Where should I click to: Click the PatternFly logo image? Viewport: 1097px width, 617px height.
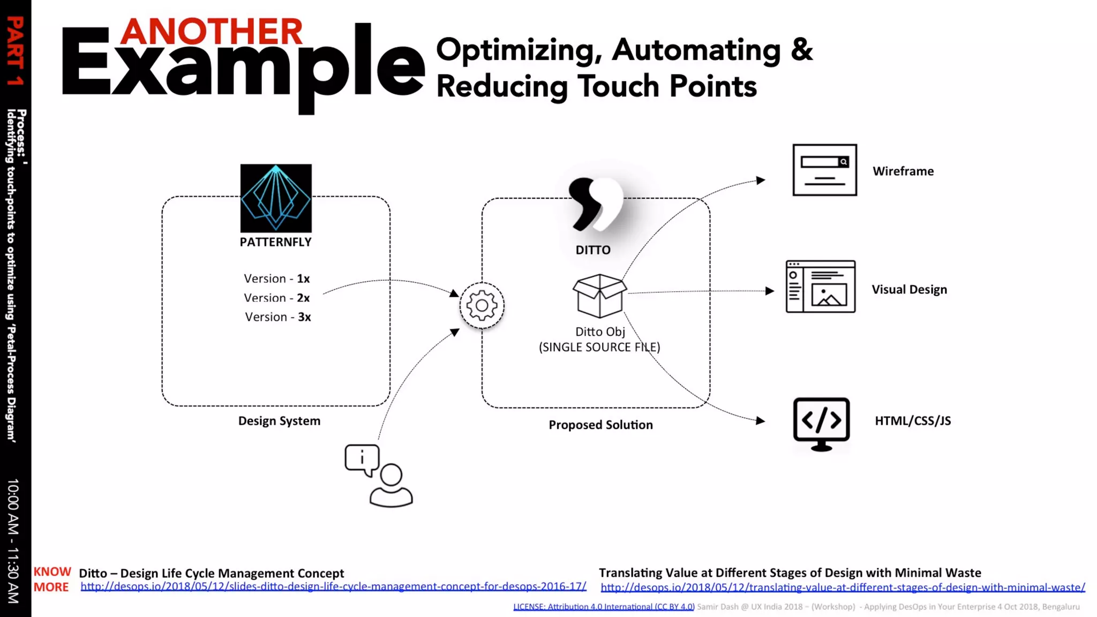coord(276,198)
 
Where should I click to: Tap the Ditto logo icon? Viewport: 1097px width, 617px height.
coord(595,204)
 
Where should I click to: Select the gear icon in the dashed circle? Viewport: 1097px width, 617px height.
coord(482,305)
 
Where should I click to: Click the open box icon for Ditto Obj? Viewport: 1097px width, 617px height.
coord(599,296)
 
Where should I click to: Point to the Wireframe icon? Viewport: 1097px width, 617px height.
coord(824,170)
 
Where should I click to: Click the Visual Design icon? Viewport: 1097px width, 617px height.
coord(820,287)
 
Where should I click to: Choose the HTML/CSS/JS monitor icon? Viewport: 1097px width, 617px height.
coord(821,424)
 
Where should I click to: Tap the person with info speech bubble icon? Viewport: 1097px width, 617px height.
coord(379,475)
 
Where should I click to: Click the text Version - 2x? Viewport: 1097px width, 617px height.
coord(276,298)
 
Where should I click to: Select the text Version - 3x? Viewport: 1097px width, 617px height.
coord(277,317)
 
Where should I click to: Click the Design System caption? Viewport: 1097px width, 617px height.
coord(279,421)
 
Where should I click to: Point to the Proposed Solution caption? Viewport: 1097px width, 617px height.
coord(600,425)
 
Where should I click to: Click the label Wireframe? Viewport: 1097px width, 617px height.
coord(903,171)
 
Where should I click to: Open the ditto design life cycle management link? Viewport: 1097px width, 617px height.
coord(333,586)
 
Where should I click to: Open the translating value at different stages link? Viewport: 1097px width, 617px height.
coord(843,588)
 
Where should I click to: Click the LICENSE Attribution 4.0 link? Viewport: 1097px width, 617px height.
coord(604,607)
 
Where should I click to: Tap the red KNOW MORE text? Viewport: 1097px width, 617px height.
coord(52,580)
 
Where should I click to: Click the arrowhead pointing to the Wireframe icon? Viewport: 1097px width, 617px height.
coord(761,180)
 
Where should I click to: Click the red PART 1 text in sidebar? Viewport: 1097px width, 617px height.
coord(15,51)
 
